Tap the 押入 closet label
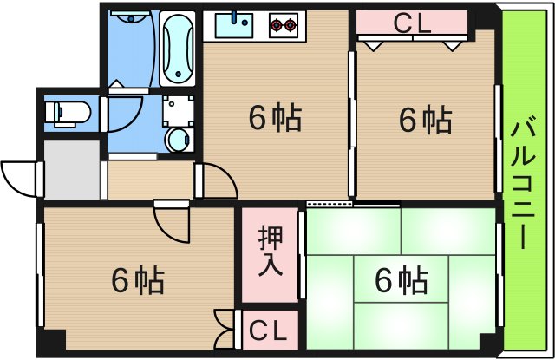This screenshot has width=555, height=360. [x=270, y=252]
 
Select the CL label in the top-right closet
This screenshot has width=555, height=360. [x=411, y=25]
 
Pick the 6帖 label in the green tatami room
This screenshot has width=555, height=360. [x=401, y=280]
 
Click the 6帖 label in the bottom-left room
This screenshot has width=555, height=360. [x=138, y=280]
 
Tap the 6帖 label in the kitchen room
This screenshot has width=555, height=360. [x=274, y=117]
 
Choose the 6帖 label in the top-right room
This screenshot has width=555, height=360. [x=425, y=119]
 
